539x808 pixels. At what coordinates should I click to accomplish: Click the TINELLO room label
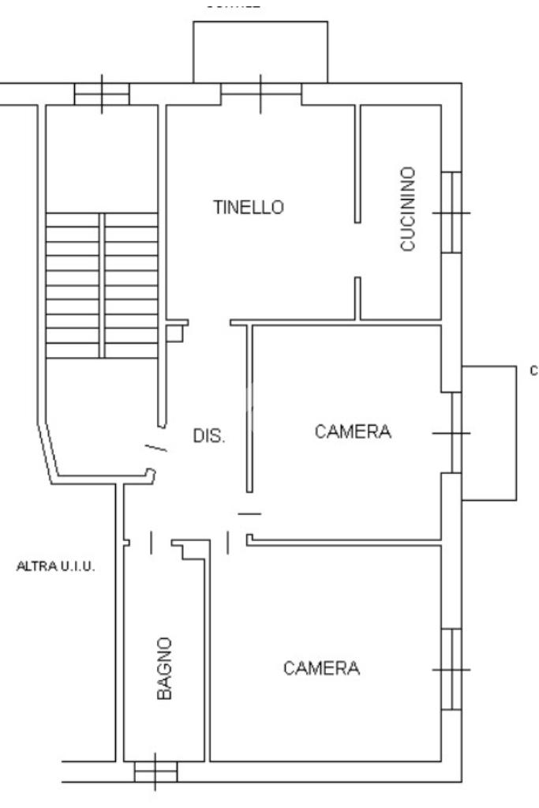coord(248,208)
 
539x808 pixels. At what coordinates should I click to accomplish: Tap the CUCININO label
coord(408,209)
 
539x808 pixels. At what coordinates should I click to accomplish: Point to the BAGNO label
coord(164,668)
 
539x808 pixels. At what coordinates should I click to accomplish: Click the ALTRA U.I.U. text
coord(56,566)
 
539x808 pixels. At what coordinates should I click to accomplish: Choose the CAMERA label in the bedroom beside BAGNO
coord(322,668)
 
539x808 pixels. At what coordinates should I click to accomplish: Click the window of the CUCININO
coord(451,212)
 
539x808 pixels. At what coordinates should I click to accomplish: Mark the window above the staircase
coord(102,94)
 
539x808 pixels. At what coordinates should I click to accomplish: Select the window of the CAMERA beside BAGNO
coord(451,669)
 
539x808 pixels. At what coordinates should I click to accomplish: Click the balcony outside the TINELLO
coord(260,51)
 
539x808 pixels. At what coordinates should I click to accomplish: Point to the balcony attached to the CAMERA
coord(489,433)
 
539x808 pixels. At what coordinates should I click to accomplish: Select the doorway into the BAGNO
coord(161,542)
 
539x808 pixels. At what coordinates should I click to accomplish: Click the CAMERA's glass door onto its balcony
coord(455,433)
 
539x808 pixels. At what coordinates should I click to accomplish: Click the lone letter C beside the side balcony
coord(533,370)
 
